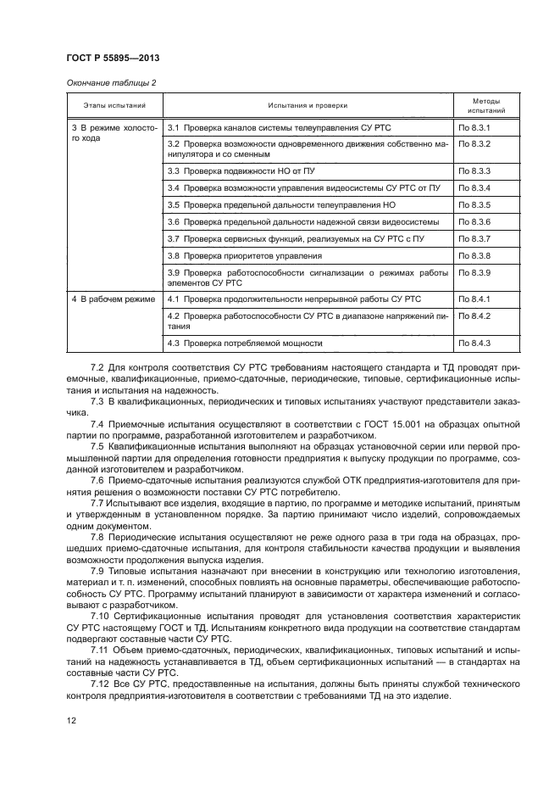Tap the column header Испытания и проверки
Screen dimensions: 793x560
(x=308, y=105)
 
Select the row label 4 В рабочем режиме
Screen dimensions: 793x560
(x=113, y=299)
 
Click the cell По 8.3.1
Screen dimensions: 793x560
(x=474, y=126)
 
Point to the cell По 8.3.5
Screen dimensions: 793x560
(x=474, y=205)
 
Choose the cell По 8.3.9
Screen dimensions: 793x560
(x=474, y=273)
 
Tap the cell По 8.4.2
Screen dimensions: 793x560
(x=474, y=316)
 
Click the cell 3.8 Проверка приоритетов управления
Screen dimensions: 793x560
(x=245, y=255)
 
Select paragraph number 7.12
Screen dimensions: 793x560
(x=100, y=683)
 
